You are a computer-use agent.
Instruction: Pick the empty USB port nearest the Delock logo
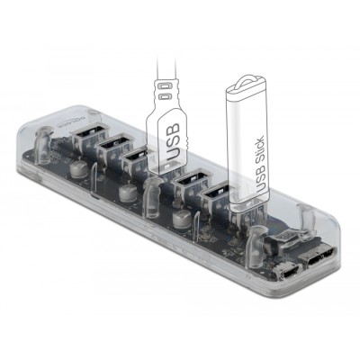tap(90, 137)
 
